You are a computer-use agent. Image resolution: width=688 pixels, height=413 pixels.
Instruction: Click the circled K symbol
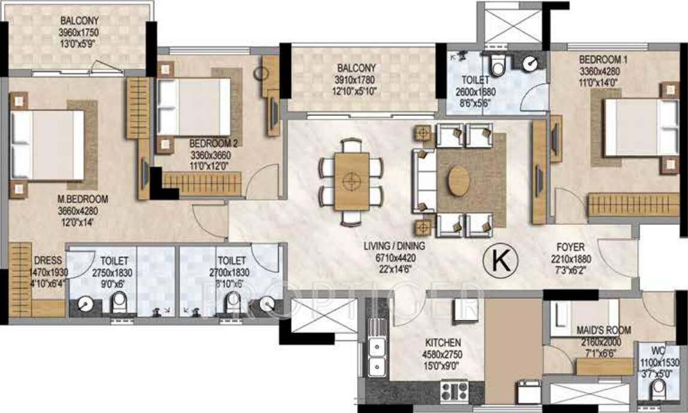pyautogui.click(x=497, y=260)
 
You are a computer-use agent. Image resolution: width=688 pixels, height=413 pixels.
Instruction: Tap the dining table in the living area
pyautogui.click(x=351, y=180)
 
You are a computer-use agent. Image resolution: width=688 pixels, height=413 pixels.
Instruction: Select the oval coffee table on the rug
pyautogui.click(x=459, y=180)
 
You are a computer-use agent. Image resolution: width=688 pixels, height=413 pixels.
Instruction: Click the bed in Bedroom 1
pyautogui.click(x=640, y=127)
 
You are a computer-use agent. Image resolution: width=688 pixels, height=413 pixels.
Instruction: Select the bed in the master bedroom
pyautogui.click(x=47, y=145)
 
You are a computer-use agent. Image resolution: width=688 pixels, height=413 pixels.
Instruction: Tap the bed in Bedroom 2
pyautogui.click(x=194, y=107)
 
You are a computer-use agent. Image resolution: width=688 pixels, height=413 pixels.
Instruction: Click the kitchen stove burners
pyautogui.click(x=454, y=391)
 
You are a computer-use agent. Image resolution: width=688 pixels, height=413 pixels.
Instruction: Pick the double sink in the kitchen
pyautogui.click(x=377, y=356)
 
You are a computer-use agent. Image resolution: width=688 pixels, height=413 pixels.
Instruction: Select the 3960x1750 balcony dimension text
pyautogui.click(x=78, y=32)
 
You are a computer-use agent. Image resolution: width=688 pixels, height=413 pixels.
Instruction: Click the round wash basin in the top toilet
pyautogui.click(x=530, y=64)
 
